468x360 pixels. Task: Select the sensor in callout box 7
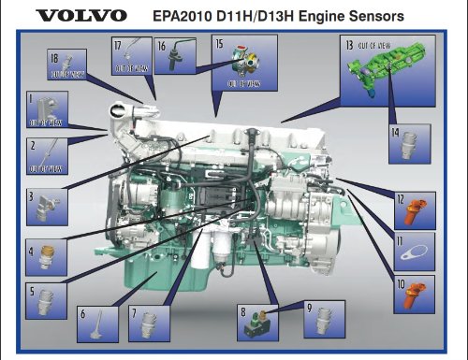145,323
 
